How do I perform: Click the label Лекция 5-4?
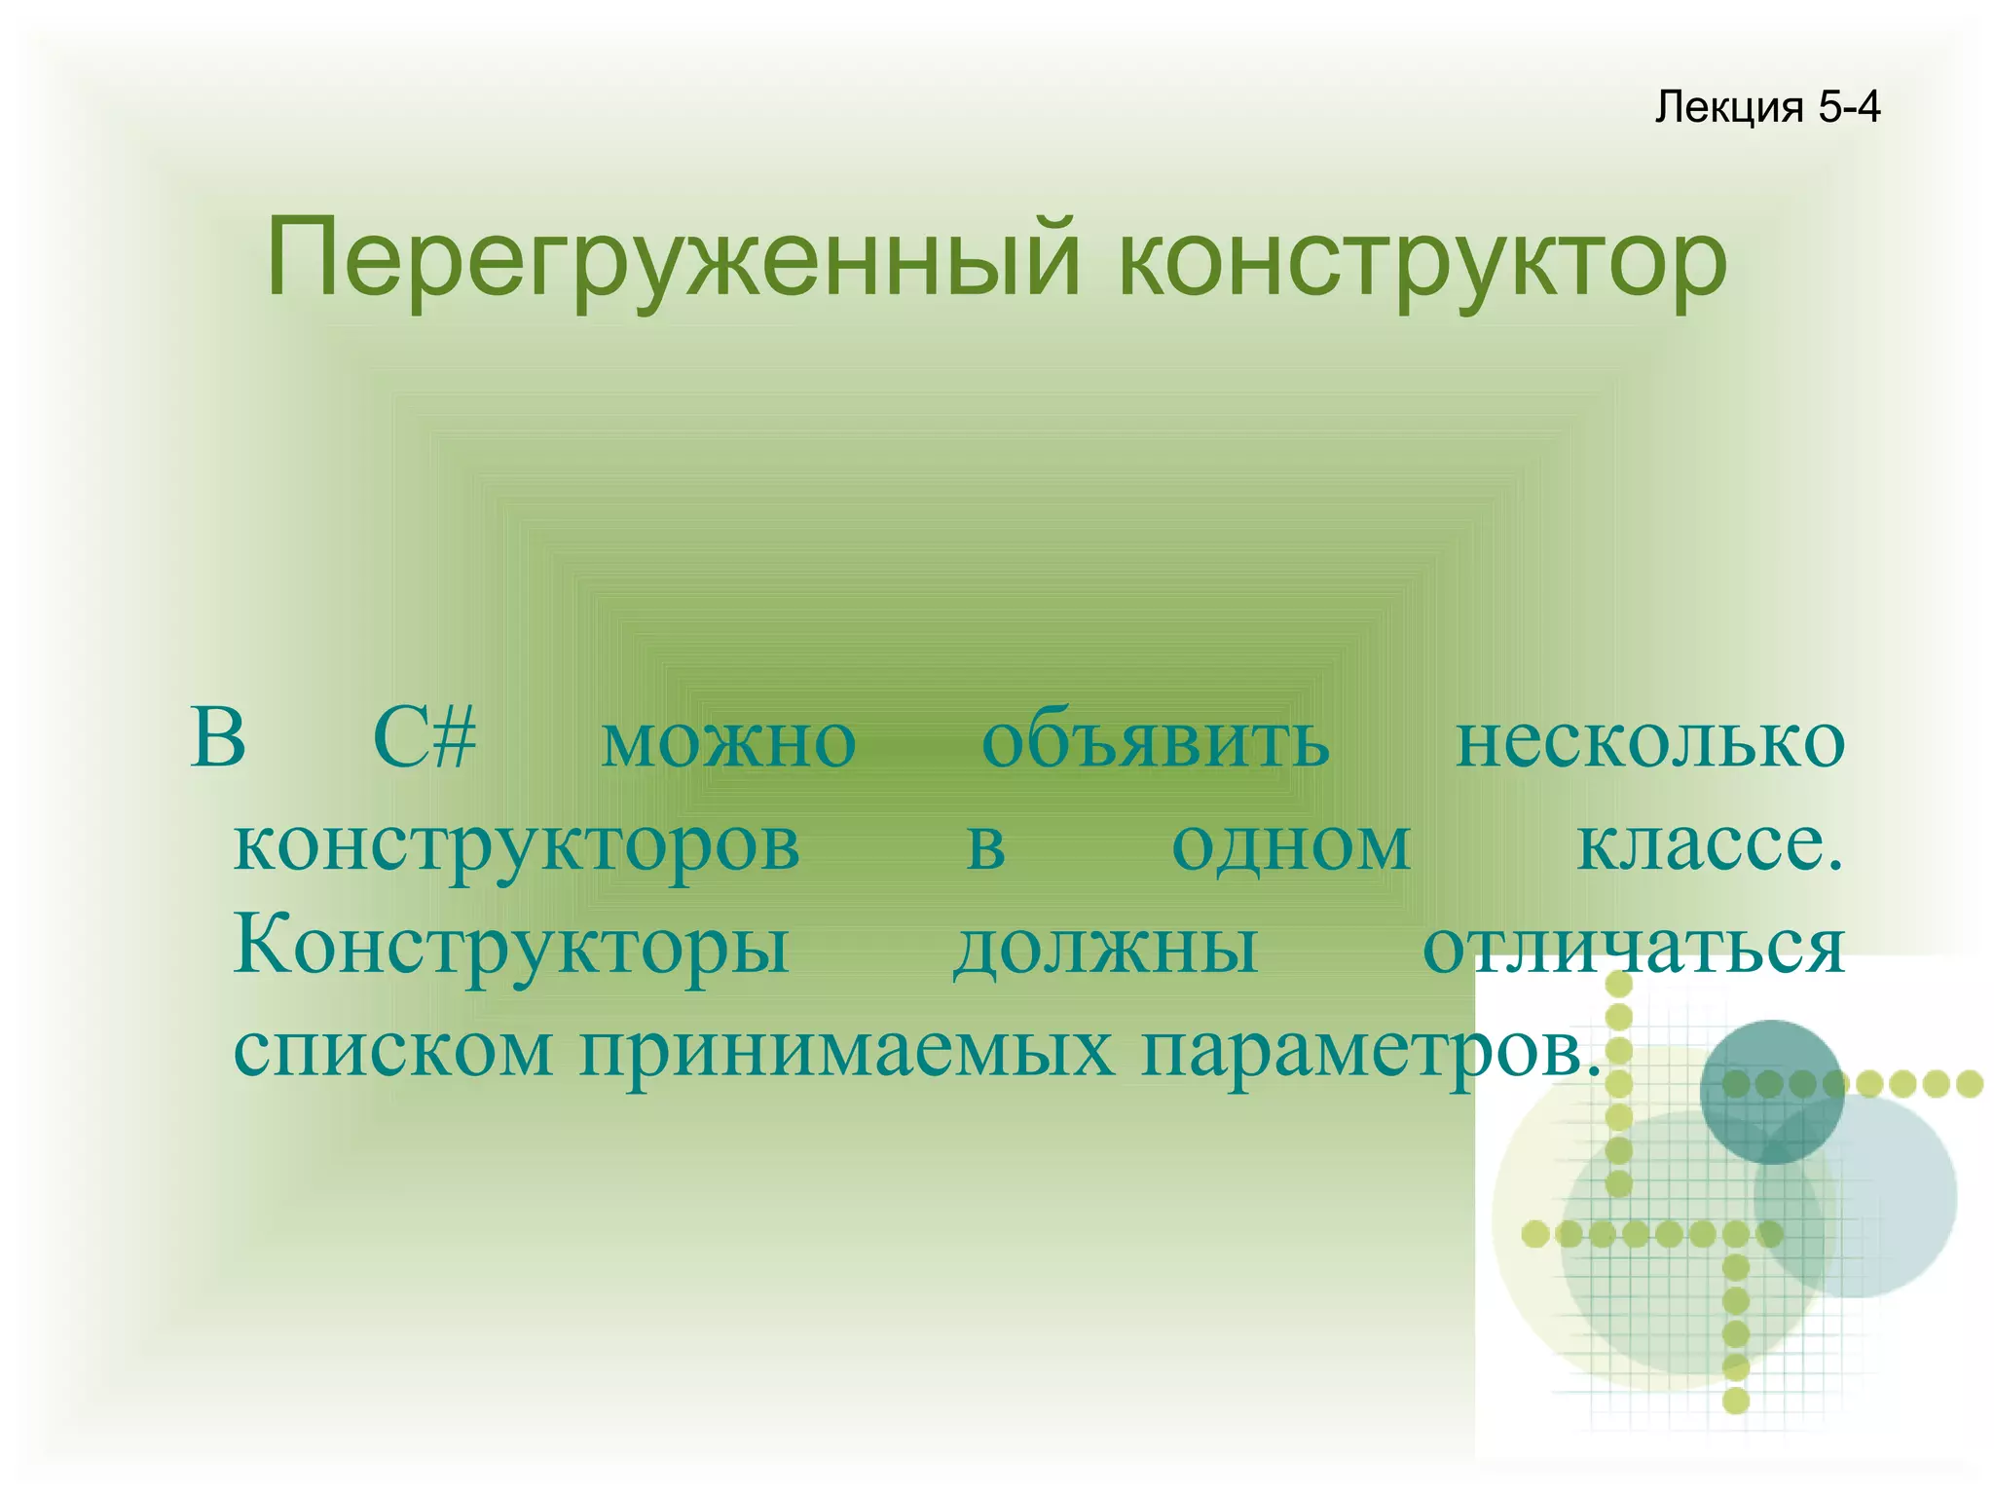pyautogui.click(x=1766, y=106)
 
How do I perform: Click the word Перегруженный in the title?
pyautogui.click(x=673, y=260)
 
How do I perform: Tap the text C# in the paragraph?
pyautogui.click(x=425, y=739)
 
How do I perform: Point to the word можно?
pyautogui.click(x=728, y=742)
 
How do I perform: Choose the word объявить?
pyautogui.click(x=1155, y=742)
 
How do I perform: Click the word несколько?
pyautogui.click(x=1649, y=742)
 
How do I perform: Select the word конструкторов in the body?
pyautogui.click(x=517, y=846)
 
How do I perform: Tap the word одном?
pyautogui.click(x=1291, y=846)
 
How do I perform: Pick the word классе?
pyautogui.click(x=1710, y=844)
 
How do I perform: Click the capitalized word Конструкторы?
pyautogui.click(x=512, y=948)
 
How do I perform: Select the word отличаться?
pyautogui.click(x=1633, y=948)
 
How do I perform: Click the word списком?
pyautogui.click(x=393, y=1051)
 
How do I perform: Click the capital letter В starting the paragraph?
pyautogui.click(x=218, y=739)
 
